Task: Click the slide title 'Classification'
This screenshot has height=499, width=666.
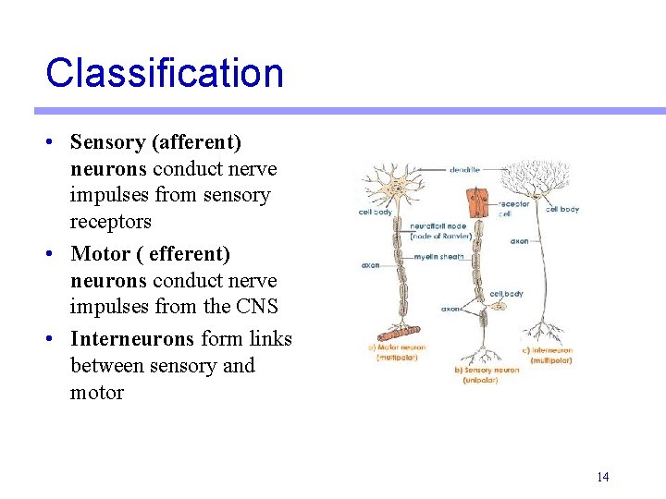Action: click(165, 73)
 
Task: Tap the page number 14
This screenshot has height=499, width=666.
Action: click(602, 477)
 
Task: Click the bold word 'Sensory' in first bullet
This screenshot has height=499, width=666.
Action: click(108, 142)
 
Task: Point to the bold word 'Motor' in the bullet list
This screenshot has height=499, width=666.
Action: click(98, 253)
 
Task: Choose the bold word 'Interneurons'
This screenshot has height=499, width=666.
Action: click(132, 338)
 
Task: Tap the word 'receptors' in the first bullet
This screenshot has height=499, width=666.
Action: click(110, 222)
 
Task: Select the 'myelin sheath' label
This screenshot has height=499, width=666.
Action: click(438, 257)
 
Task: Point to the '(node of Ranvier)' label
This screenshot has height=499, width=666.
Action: click(441, 237)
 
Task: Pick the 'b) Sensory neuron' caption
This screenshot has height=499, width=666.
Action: click(486, 370)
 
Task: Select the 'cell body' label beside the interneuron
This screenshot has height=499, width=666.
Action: click(562, 209)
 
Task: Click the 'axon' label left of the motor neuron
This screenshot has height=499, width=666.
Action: click(370, 265)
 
